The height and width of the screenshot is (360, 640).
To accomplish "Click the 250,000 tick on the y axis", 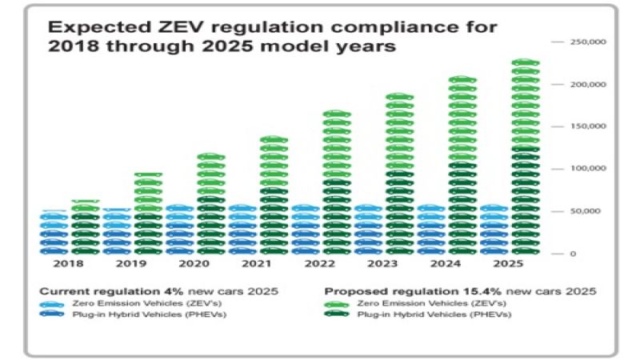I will [587, 42].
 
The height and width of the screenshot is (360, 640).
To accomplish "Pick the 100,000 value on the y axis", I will [587, 169].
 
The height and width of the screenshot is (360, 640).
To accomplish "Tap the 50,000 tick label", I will [589, 211].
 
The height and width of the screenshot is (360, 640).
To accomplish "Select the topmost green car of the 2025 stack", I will [526, 62].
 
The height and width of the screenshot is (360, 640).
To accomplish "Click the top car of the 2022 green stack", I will [337, 114].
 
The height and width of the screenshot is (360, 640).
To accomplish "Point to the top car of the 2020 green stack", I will [211, 157].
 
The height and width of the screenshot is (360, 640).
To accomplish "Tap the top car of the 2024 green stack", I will [462, 80].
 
